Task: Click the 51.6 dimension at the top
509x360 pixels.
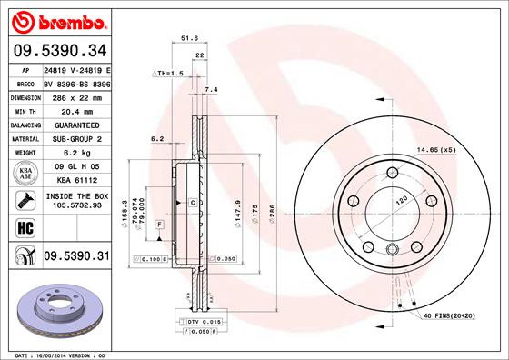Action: [190, 39]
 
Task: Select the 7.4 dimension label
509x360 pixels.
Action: [212, 89]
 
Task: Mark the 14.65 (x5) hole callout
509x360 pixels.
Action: [434, 149]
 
